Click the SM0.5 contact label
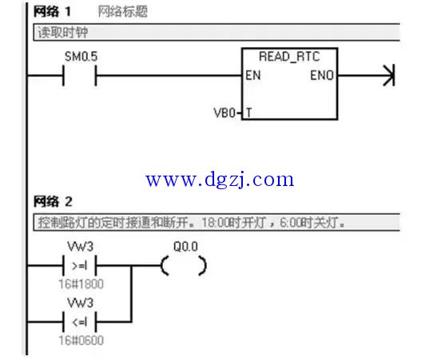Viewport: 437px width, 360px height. [x=81, y=57]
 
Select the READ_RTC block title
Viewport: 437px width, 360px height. [x=289, y=57]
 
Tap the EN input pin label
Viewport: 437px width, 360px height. [x=253, y=76]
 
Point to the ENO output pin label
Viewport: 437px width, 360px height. [x=322, y=76]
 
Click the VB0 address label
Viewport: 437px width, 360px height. [x=224, y=113]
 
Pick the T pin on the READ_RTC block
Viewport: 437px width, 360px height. [x=248, y=113]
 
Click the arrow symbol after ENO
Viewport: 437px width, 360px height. [x=389, y=76]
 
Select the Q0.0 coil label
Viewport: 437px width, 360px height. [x=185, y=247]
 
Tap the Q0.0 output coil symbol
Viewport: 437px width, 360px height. [x=184, y=266]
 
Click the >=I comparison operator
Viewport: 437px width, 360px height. [x=79, y=266]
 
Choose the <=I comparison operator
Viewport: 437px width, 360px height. [x=79, y=322]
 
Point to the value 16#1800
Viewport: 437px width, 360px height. [x=81, y=284]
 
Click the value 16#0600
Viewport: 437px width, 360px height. [x=81, y=340]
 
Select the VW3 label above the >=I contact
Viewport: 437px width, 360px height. [x=80, y=247]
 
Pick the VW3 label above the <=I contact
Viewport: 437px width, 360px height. [x=80, y=303]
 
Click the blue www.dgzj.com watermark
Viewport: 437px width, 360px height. [x=220, y=180]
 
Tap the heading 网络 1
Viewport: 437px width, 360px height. [x=52, y=12]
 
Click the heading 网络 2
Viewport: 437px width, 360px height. [x=53, y=202]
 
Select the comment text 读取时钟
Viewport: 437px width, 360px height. [x=63, y=33]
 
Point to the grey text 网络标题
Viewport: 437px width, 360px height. [x=122, y=12]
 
